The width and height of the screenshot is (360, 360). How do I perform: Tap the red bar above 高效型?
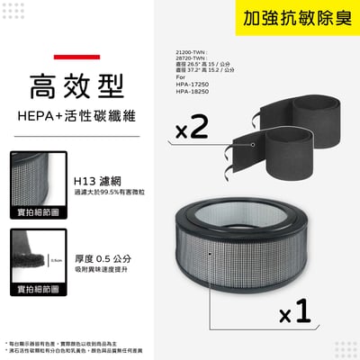point(59,58)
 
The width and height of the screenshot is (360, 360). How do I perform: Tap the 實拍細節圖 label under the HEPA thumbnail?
point(36,213)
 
